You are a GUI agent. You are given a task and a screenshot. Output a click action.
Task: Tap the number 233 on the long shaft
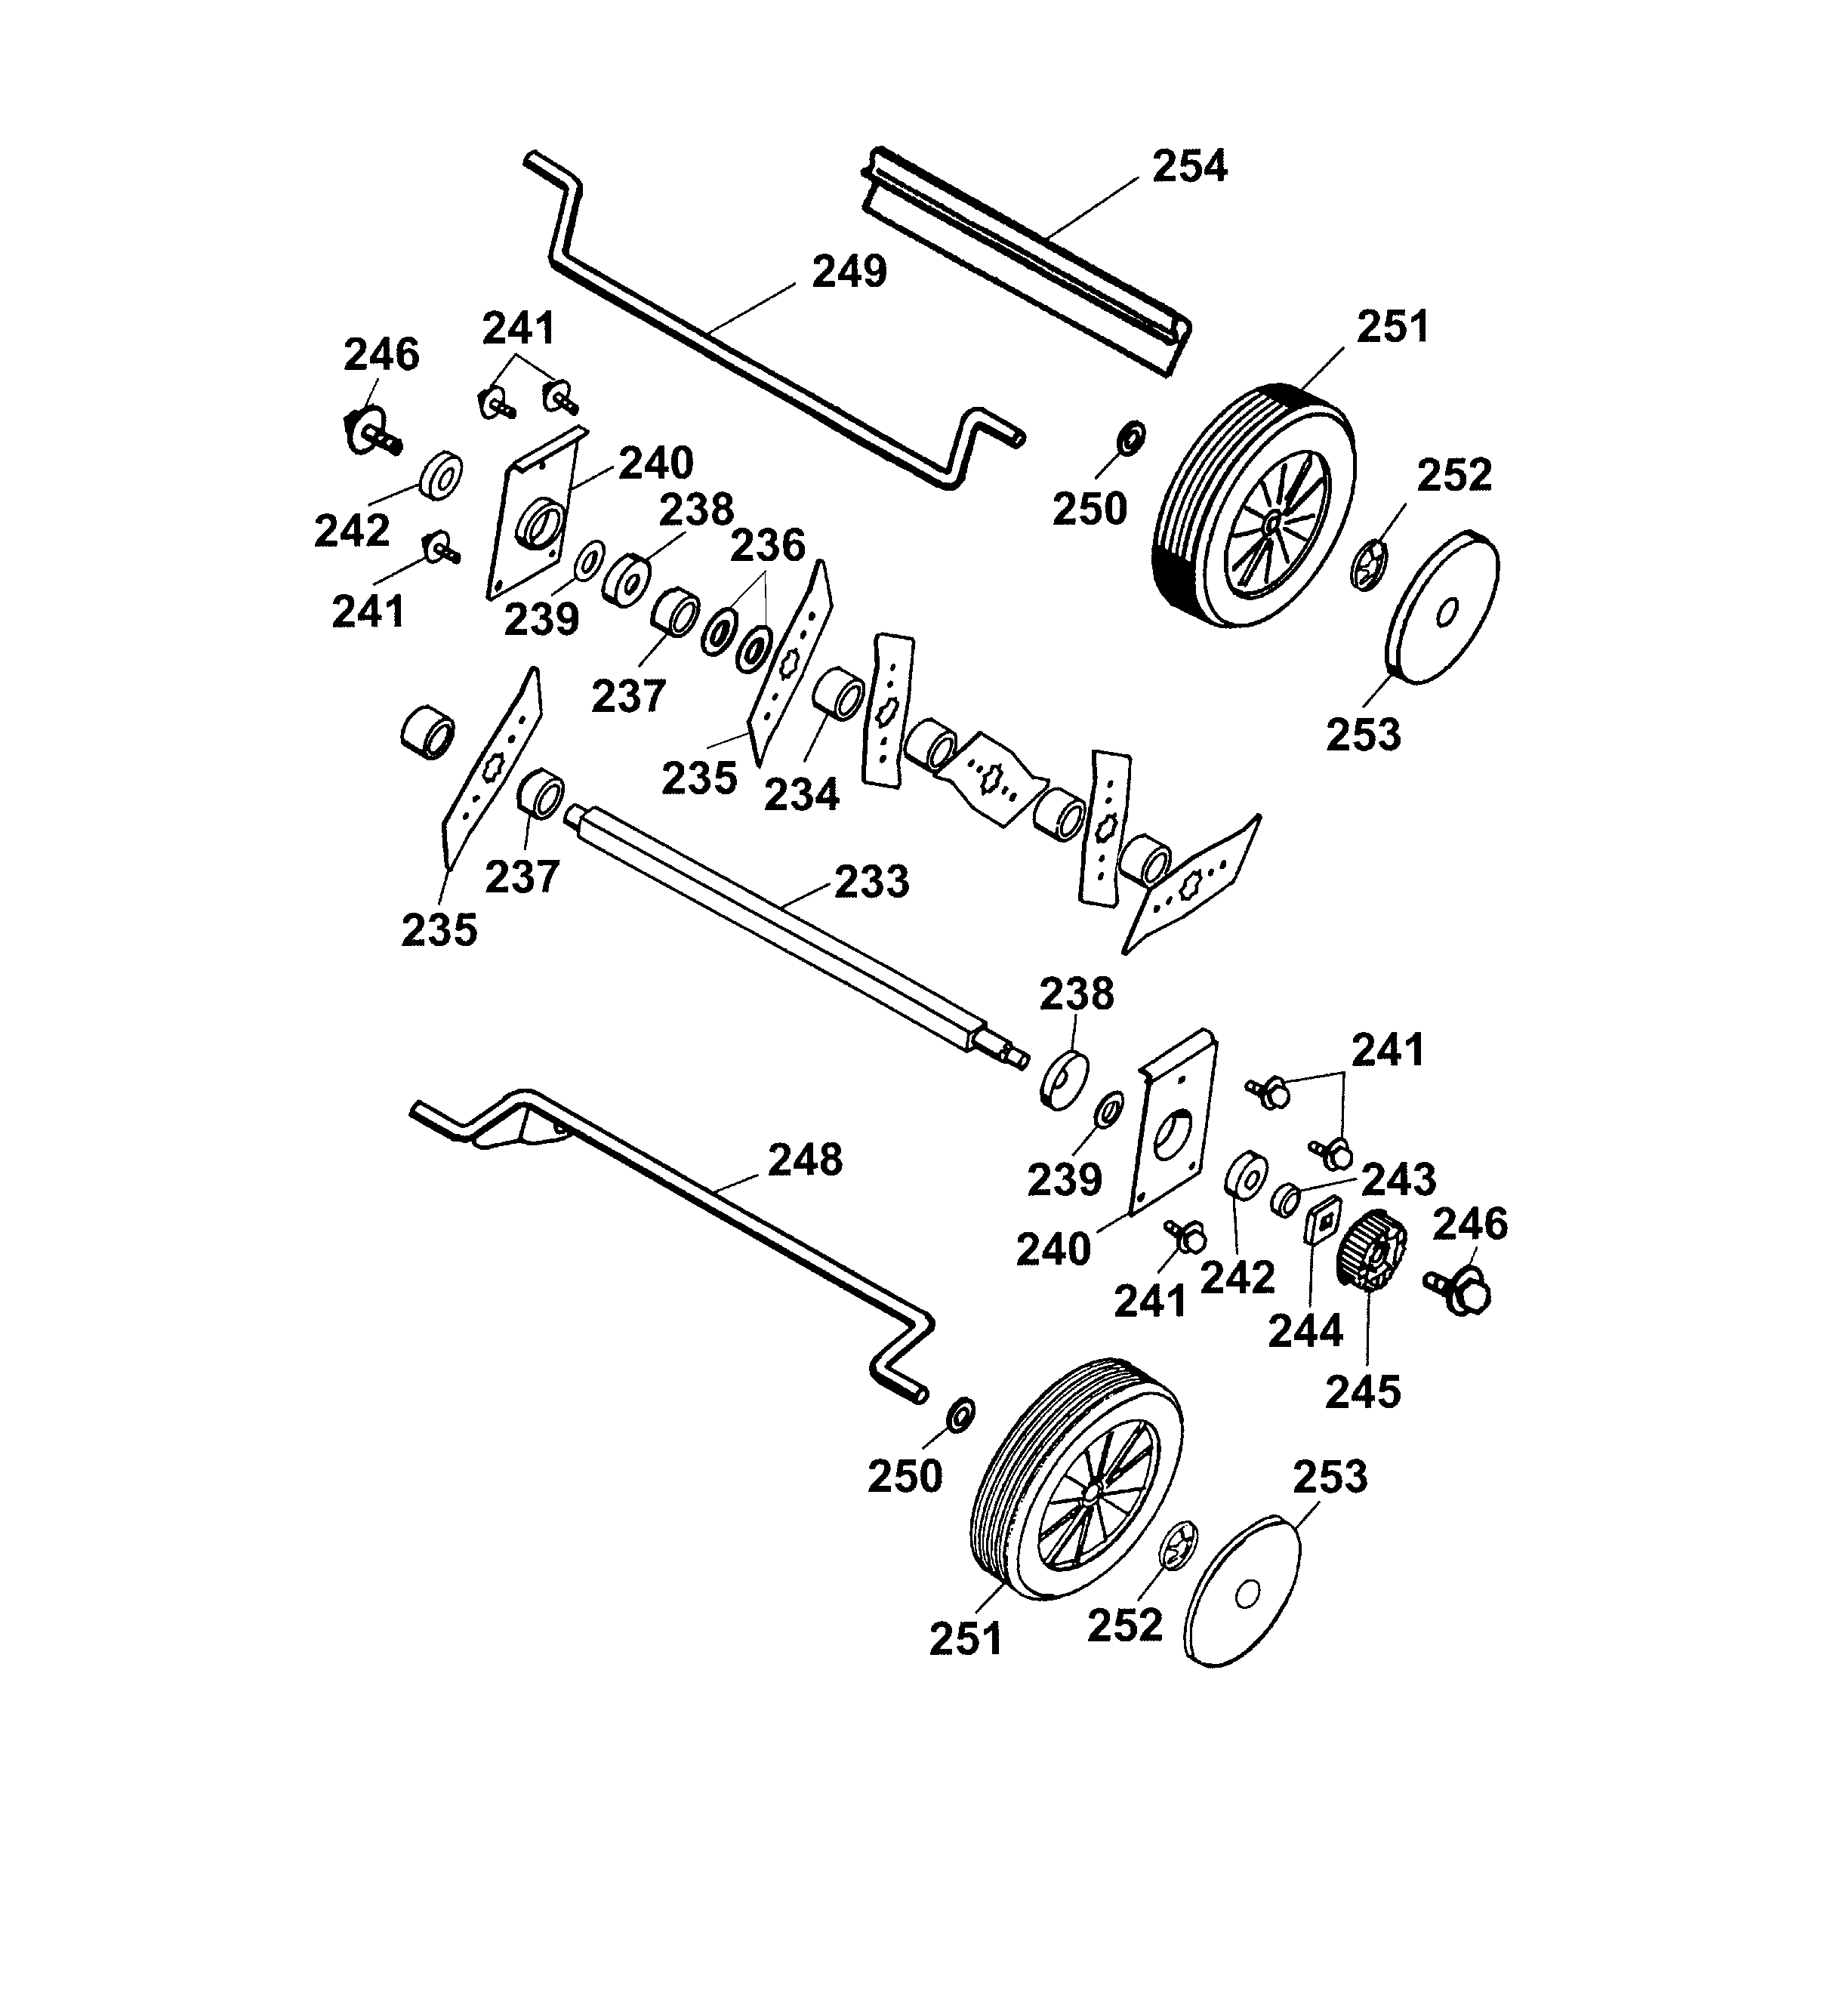(x=871, y=882)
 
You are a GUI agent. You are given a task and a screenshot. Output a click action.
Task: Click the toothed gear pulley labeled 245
(x=1373, y=1251)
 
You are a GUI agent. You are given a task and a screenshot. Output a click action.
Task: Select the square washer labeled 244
(x=1321, y=1221)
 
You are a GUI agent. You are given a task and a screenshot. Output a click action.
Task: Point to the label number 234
(x=801, y=795)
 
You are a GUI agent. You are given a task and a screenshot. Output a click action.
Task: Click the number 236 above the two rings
(x=768, y=546)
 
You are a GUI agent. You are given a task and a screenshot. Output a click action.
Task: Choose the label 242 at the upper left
(x=351, y=532)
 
